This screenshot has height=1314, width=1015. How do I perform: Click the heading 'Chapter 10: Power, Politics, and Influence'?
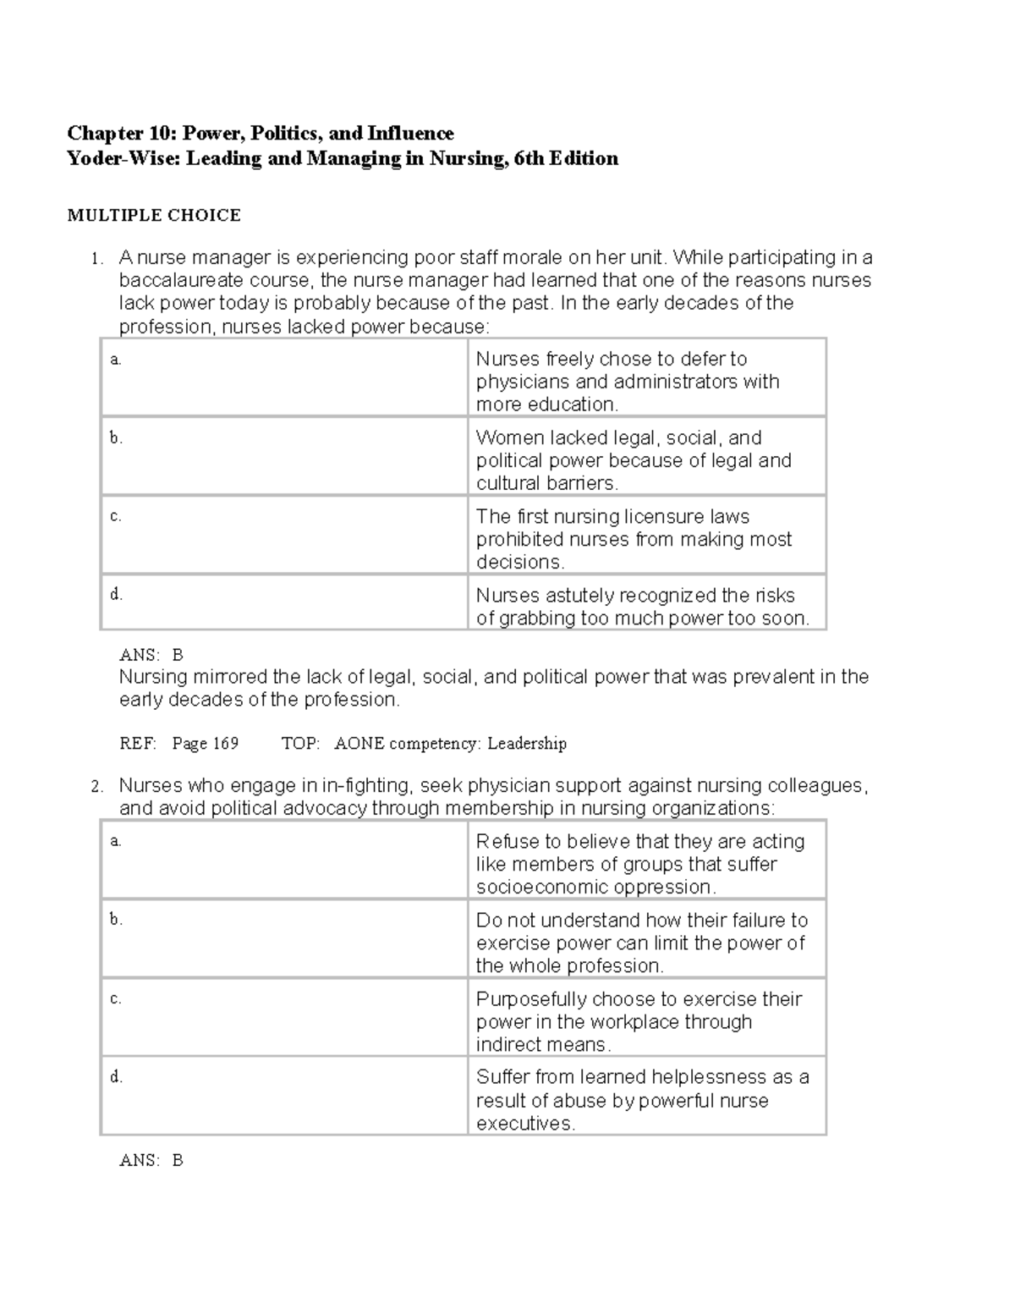261,133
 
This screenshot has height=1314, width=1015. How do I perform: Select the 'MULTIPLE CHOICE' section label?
154,216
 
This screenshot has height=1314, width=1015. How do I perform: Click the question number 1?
97,259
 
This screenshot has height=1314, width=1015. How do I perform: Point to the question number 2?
97,787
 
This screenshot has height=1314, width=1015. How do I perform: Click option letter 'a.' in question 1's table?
116,360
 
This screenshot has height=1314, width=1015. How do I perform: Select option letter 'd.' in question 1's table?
116,595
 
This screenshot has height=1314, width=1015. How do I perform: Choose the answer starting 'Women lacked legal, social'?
634,460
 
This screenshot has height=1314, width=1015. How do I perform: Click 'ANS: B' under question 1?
151,655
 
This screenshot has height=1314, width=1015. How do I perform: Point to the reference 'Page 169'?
205,744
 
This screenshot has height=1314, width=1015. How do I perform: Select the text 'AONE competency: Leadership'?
450,744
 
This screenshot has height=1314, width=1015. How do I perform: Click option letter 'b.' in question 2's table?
116,920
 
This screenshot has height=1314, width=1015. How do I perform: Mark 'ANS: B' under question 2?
151,1161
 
